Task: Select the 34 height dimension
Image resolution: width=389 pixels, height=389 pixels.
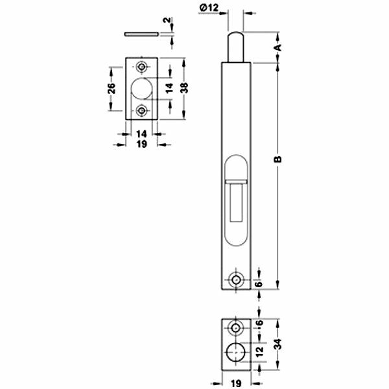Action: (x=279, y=345)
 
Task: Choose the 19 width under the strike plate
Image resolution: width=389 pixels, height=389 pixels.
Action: (x=141, y=143)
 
